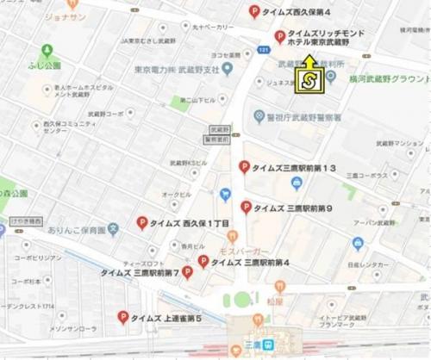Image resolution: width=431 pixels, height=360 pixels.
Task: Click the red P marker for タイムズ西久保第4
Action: coord(253,11)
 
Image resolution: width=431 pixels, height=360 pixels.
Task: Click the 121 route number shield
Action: coord(262,50)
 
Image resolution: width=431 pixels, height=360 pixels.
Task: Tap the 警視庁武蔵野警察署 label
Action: coord(303,116)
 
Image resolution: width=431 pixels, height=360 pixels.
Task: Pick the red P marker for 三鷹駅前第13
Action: coord(245,167)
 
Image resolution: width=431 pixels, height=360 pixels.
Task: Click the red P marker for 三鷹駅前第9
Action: coord(247,207)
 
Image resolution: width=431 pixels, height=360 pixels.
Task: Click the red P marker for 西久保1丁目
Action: coord(141,222)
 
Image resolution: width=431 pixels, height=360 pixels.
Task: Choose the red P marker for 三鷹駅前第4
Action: coord(203,261)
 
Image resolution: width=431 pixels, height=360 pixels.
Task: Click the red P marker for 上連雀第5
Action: coord(123,318)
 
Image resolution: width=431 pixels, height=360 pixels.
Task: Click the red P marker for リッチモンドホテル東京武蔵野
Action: coord(279,36)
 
